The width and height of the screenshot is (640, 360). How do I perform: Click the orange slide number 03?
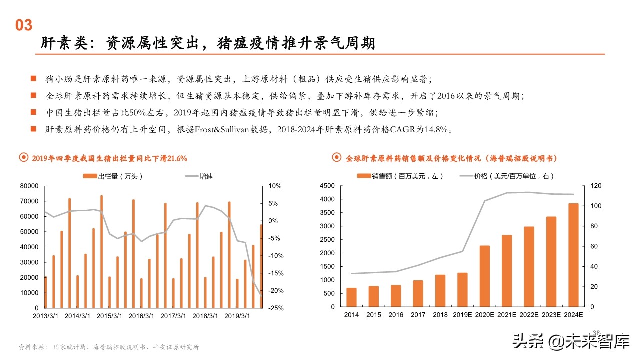point(24,25)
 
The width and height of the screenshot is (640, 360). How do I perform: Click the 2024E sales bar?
point(573,256)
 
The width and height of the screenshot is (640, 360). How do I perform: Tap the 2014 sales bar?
point(351,298)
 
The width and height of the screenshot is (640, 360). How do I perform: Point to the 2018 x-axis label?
point(440,315)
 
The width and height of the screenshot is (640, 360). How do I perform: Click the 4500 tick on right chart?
point(327,186)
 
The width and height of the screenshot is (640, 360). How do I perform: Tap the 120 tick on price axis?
point(596,186)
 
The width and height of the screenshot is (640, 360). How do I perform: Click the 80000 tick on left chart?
point(28,186)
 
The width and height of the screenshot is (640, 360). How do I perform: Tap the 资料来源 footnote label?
point(30,347)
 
